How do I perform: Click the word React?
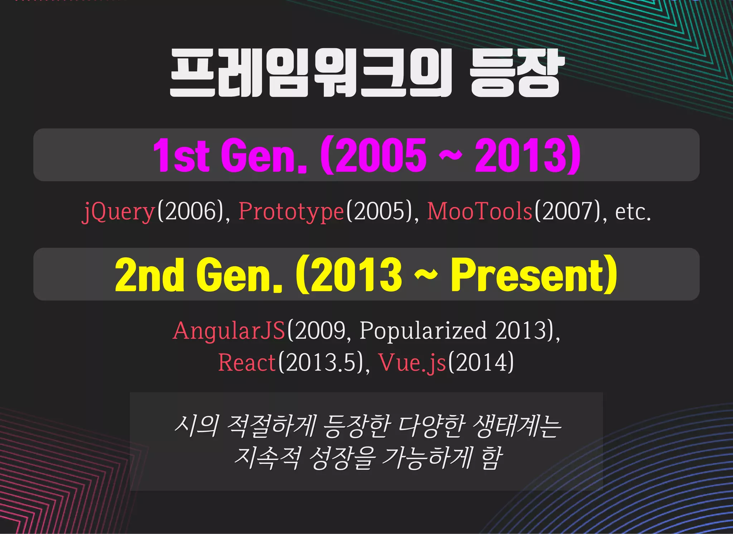pyautogui.click(x=247, y=362)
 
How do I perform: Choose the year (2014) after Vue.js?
pyautogui.click(x=481, y=362)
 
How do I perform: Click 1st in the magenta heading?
pyautogui.click(x=181, y=155)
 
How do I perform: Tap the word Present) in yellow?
pyautogui.click(x=534, y=275)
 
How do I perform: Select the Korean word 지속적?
pyautogui.click(x=266, y=458)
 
